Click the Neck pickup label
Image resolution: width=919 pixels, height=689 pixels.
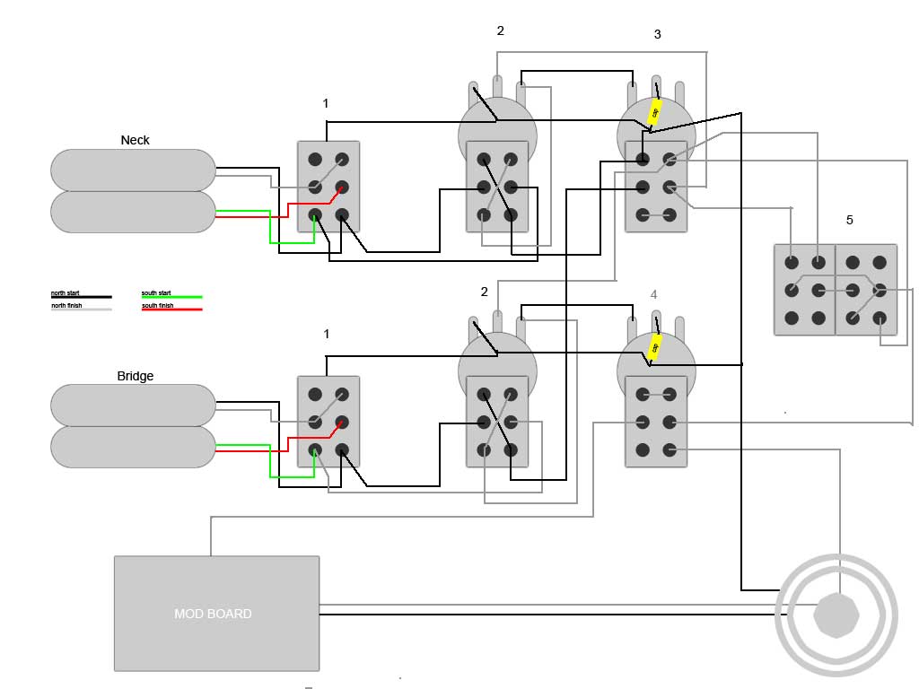pyautogui.click(x=136, y=140)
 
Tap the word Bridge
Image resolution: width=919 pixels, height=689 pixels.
pyautogui.click(x=136, y=376)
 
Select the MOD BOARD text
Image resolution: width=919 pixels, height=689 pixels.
pyautogui.click(x=213, y=614)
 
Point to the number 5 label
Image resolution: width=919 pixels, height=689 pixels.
pyautogui.click(x=849, y=220)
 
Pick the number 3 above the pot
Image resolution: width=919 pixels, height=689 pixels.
pyautogui.click(x=657, y=34)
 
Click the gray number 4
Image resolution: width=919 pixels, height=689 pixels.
pyautogui.click(x=653, y=294)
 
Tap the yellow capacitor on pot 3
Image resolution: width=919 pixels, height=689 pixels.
pyautogui.click(x=655, y=113)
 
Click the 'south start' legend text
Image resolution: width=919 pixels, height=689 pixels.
pyautogui.click(x=156, y=293)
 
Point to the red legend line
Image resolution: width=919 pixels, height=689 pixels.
pyautogui.click(x=171, y=310)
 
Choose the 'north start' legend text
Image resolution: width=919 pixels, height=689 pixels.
pyautogui.click(x=65, y=293)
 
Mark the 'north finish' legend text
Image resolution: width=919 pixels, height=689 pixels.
pyautogui.click(x=66, y=306)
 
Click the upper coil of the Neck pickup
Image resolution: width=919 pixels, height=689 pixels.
pyautogui.click(x=133, y=170)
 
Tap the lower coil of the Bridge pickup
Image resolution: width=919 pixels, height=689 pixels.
pyautogui.click(x=133, y=447)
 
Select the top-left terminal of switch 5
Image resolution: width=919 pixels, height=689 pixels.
pyautogui.click(x=791, y=263)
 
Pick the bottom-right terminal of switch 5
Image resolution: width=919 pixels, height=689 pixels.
pyautogui.click(x=880, y=318)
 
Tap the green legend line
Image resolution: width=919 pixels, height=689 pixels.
pyautogui.click(x=171, y=297)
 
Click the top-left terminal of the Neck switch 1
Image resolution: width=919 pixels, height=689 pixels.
pyautogui.click(x=315, y=160)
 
